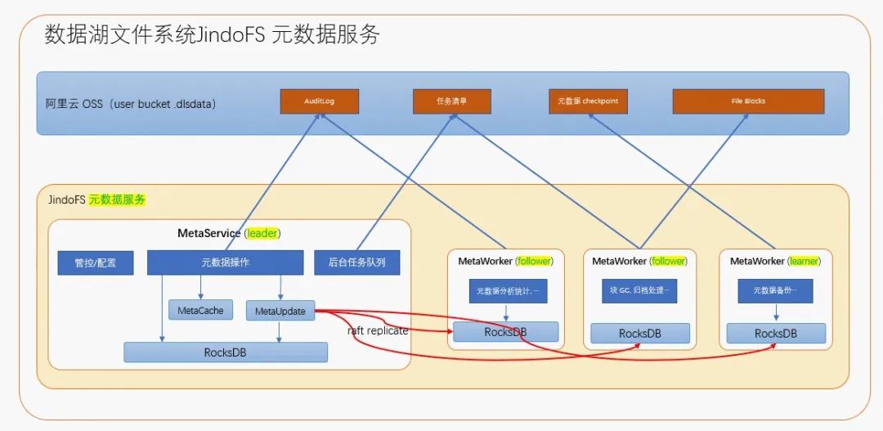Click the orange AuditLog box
tap(320, 101)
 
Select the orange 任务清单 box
tap(451, 101)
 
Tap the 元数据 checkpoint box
tap(588, 101)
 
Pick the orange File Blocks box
tap(748, 101)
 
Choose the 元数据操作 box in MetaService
tap(225, 263)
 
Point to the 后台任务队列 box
tap(357, 263)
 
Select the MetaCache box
tap(200, 310)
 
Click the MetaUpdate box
tap(280, 311)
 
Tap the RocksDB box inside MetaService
tap(225, 352)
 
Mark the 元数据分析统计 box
tap(507, 291)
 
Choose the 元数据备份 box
tap(776, 290)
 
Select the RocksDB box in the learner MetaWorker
tap(776, 334)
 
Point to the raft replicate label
tap(377, 330)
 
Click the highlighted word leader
tap(262, 233)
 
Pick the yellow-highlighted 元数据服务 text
tap(117, 200)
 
